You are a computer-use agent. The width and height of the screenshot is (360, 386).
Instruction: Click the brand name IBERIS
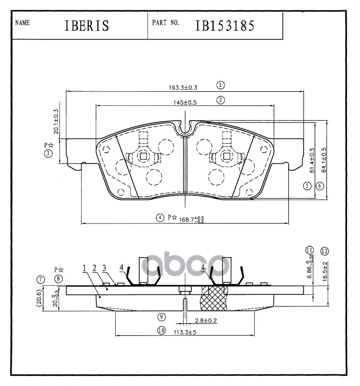pos(86,26)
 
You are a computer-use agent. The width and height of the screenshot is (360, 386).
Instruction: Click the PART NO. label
pos(166,23)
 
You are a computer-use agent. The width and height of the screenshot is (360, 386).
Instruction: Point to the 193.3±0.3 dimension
pos(183,87)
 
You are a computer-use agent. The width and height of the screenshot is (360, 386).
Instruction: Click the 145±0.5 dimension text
pos(185,102)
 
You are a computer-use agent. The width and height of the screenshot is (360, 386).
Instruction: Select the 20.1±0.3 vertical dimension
pos(56,121)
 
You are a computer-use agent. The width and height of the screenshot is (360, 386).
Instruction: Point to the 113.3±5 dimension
pos(183,332)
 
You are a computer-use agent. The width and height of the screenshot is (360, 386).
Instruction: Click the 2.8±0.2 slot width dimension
pos(205,320)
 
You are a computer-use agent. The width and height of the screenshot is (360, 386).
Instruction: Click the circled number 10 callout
pos(161,331)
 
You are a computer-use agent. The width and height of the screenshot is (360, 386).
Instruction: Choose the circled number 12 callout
pos(324,251)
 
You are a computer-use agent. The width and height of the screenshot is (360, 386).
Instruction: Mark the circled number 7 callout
pos(40,279)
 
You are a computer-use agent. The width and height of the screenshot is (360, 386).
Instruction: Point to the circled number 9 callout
pos(161,317)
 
